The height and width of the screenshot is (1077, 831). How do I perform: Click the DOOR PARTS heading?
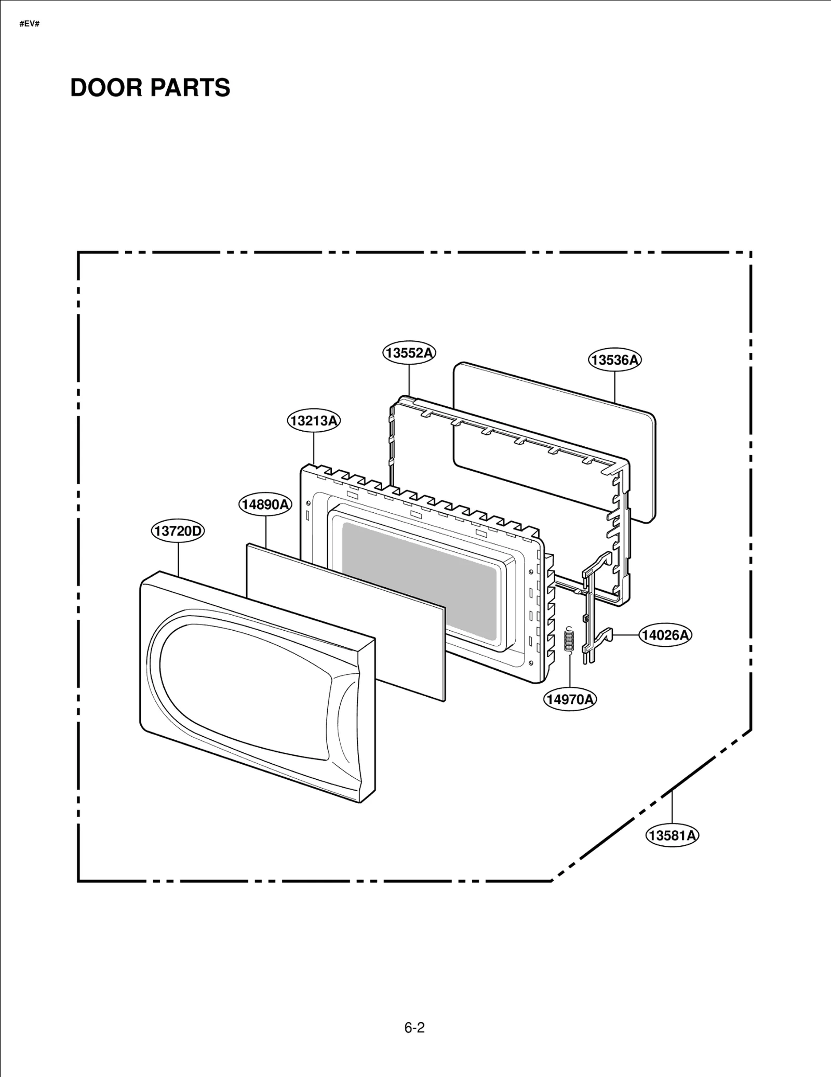click(x=150, y=87)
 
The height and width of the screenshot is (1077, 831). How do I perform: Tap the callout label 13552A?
click(x=409, y=353)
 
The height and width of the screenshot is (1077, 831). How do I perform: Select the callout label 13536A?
click(x=614, y=360)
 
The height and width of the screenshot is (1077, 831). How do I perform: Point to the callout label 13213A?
click(x=314, y=420)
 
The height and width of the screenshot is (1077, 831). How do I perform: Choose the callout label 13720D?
click(x=178, y=531)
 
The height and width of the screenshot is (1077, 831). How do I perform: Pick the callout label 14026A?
click(x=665, y=635)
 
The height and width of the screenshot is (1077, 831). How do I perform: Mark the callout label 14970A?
click(x=570, y=699)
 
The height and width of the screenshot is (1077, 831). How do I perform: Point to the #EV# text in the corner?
click(x=30, y=24)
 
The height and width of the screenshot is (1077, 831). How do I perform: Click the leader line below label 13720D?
click(x=178, y=559)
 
